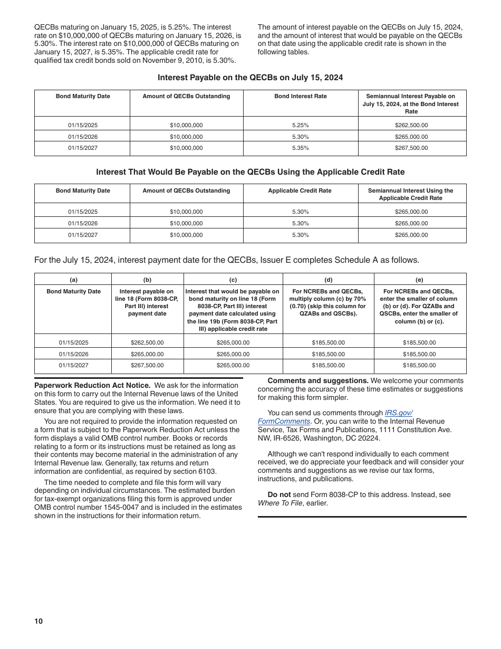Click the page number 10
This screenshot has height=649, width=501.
tap(38, 621)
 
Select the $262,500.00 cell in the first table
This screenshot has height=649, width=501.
tap(411, 126)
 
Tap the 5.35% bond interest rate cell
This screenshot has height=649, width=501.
tap(300, 148)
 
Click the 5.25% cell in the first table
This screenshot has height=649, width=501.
tap(300, 126)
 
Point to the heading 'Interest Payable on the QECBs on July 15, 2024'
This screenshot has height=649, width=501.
tap(250, 78)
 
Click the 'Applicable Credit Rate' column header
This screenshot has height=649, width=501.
tap(300, 191)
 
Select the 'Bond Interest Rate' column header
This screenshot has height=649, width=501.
tap(300, 97)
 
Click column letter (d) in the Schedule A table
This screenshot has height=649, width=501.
tap(328, 280)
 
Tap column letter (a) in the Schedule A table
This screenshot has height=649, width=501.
tap(73, 280)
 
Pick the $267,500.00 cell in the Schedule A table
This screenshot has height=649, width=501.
tap(147, 366)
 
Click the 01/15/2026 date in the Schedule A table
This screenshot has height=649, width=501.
tap(73, 355)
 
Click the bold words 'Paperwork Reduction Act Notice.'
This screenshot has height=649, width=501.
tap(92, 386)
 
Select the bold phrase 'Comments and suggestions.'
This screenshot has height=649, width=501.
tap(317, 381)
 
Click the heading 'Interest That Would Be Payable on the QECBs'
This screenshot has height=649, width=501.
tap(250, 172)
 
